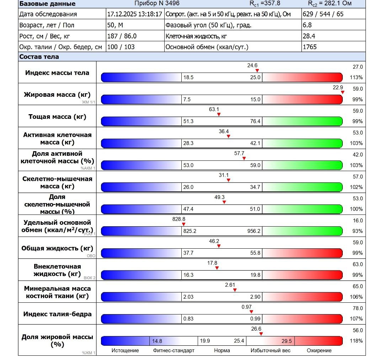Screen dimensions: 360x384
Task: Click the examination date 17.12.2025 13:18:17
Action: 134,14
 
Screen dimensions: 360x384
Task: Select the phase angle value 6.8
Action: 307,25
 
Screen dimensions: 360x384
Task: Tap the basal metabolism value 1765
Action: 309,47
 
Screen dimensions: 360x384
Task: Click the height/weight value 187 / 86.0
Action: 122,36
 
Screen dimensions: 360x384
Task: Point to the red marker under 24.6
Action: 257,70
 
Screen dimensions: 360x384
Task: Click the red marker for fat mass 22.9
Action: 342,92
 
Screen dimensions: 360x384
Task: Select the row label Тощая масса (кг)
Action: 57,116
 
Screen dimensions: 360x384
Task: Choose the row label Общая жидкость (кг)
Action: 57,248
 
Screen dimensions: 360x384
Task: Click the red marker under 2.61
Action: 235,290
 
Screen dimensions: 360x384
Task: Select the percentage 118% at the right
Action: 356,341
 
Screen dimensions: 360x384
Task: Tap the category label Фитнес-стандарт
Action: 174,351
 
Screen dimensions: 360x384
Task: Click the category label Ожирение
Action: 319,351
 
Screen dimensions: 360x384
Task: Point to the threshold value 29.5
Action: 287,341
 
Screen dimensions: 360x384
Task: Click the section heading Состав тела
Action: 39,57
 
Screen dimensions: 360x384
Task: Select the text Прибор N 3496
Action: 157,4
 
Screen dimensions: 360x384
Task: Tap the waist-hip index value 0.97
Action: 246,307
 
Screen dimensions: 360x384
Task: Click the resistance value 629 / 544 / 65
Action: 323,14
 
